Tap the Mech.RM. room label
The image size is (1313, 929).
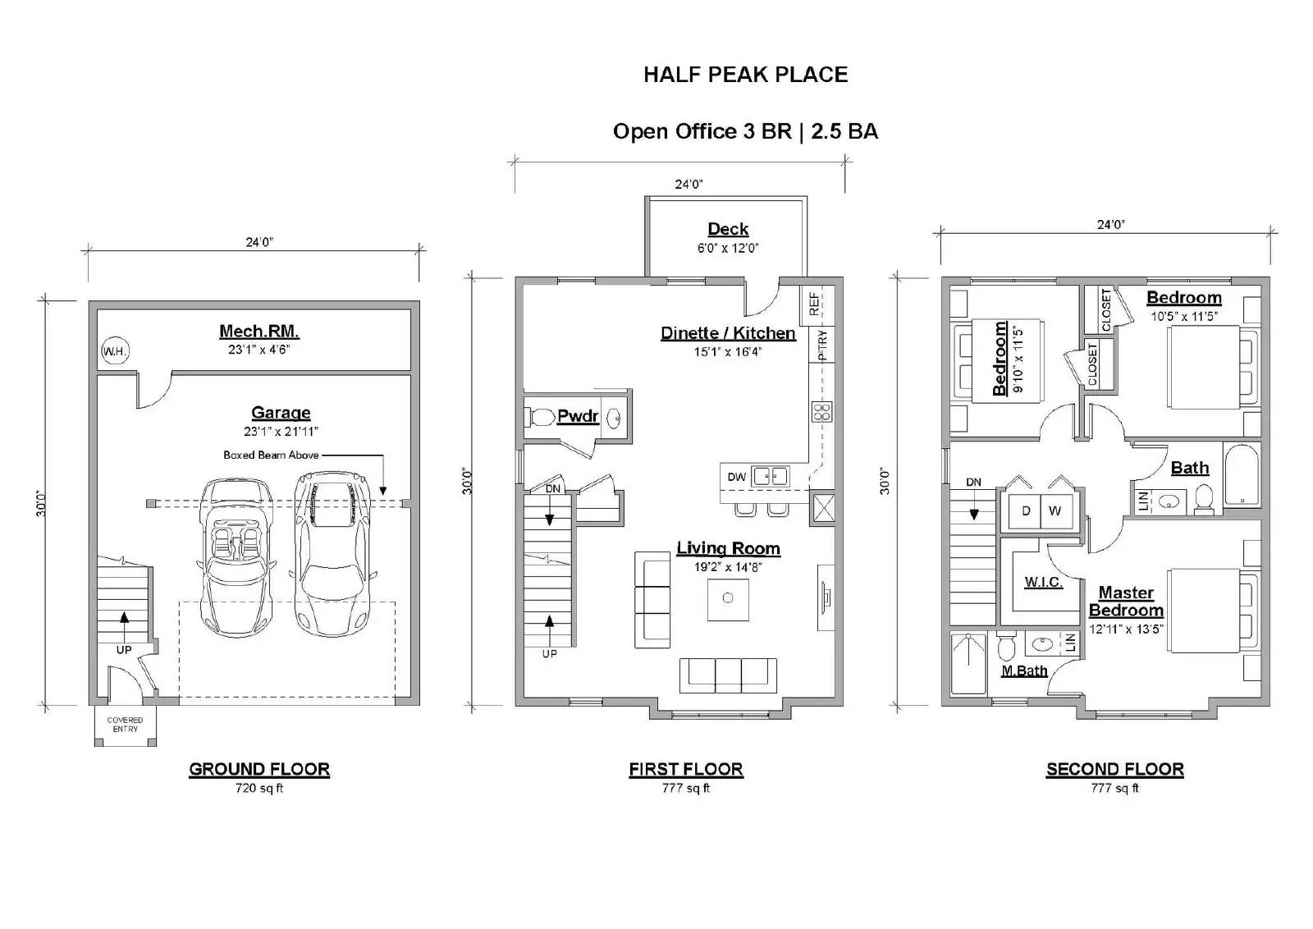(258, 332)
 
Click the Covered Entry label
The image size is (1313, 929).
(125, 725)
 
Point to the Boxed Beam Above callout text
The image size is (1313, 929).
(271, 455)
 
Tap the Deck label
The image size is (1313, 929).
(728, 229)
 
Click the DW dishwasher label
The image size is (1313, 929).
(736, 477)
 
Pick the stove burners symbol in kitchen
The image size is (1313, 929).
(822, 411)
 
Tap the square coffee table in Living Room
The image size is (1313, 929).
(728, 599)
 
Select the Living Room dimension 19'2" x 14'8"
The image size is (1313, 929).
(727, 567)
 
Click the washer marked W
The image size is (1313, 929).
(1055, 510)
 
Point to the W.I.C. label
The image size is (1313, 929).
(1043, 582)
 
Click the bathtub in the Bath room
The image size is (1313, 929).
(1242, 475)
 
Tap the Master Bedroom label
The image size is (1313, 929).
(1125, 602)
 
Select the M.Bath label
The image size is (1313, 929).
(1024, 670)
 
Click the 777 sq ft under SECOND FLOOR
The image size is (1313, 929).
(1114, 789)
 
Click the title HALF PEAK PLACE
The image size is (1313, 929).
(745, 75)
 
